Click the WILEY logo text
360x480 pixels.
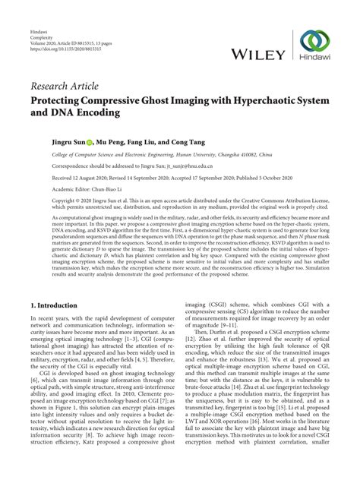[258, 54]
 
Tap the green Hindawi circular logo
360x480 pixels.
[313, 42]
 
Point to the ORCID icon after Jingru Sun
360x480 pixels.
[89, 141]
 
